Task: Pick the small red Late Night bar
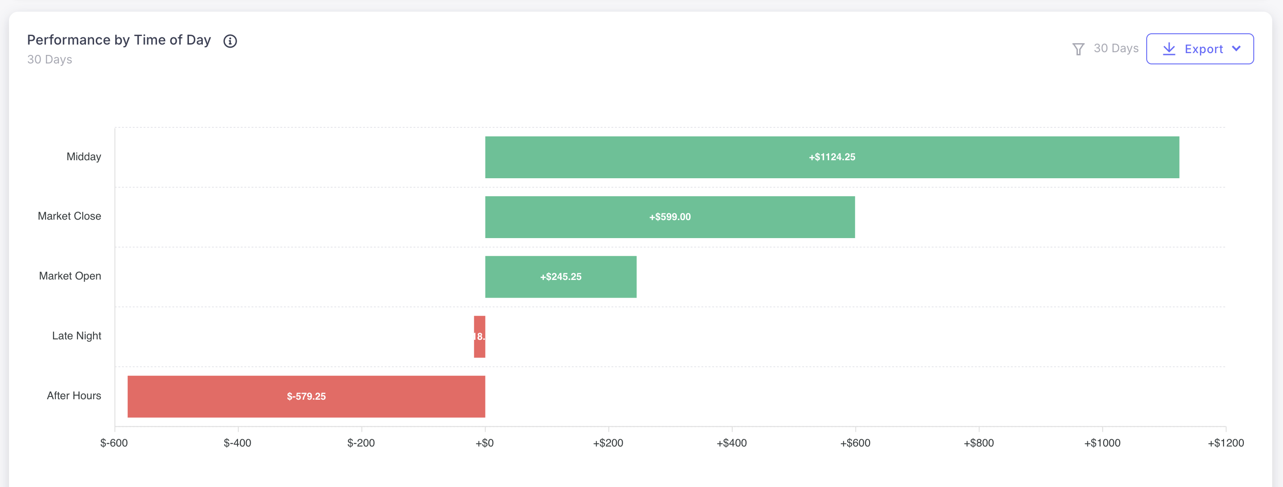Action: pos(479,337)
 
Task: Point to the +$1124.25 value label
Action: pos(832,158)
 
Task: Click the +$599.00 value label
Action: pos(669,217)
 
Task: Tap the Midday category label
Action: pos(84,157)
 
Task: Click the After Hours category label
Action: pos(74,396)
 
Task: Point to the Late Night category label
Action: pos(76,336)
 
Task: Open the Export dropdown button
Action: pos(1199,49)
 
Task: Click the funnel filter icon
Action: pos(1078,49)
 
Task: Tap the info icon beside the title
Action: pos(229,41)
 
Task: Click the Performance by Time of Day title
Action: pos(119,40)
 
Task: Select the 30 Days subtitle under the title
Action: pos(49,60)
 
